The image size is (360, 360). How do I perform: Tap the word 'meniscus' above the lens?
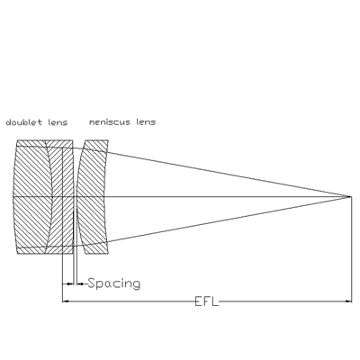110,122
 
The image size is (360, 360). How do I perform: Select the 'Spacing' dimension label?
114,283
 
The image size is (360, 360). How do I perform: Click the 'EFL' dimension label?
207,301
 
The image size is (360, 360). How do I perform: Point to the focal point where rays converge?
350,196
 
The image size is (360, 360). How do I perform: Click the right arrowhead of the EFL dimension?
348,301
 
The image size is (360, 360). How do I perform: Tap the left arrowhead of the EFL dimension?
66,301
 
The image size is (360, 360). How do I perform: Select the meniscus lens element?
93,197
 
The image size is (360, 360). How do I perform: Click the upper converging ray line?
229,174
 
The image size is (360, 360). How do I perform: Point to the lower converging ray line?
229,220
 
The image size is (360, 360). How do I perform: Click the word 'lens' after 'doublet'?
58,122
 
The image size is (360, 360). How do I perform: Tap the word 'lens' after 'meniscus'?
146,122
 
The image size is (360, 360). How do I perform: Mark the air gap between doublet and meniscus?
76,197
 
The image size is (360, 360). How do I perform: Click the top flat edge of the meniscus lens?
97,140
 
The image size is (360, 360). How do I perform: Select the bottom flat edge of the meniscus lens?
97,254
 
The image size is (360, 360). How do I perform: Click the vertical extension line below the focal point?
351,249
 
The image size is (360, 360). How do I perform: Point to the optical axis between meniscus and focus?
228,196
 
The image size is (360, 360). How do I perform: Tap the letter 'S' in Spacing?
92,283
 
